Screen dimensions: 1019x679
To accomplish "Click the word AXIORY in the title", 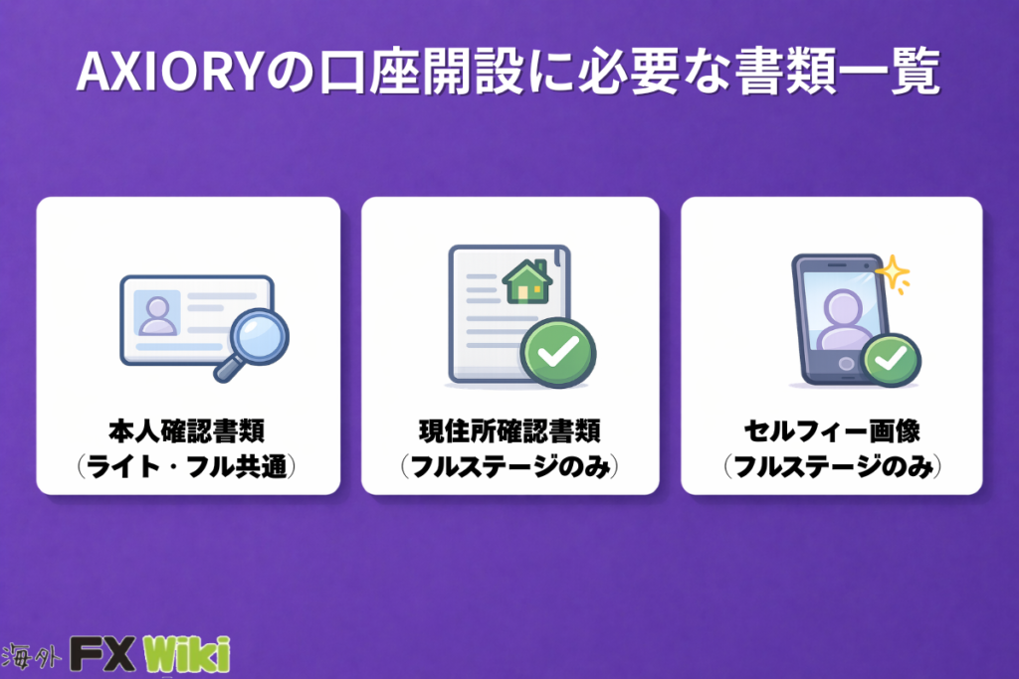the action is tap(169, 71).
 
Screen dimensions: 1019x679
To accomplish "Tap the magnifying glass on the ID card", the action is tap(253, 343).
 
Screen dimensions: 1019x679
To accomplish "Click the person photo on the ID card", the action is tap(156, 313).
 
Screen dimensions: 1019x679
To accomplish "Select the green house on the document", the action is tap(527, 281).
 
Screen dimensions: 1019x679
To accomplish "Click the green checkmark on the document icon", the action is tap(558, 353).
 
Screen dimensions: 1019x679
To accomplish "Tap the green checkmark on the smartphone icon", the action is tap(891, 359).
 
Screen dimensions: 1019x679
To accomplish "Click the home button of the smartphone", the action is tap(847, 364).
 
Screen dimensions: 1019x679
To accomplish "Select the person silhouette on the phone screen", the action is tap(843, 321).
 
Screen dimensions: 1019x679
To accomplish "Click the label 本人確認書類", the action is tap(187, 431).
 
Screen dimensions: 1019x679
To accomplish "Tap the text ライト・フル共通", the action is tap(187, 466).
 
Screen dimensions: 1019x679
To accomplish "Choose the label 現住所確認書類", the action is tap(510, 431).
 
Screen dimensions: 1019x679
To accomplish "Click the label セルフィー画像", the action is tap(832, 431).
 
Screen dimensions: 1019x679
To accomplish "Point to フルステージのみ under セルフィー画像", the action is tap(833, 466).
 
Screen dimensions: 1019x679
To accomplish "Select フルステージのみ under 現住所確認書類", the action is tap(510, 466).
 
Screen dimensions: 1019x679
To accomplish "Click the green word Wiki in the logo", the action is tap(186, 654).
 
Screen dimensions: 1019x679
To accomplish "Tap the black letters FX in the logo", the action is tap(102, 654).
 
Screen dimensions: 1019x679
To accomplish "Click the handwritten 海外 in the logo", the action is tap(31, 657).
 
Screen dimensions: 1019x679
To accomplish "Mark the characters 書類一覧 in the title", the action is tap(836, 71).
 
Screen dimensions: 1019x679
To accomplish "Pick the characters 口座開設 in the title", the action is tap(421, 71).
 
